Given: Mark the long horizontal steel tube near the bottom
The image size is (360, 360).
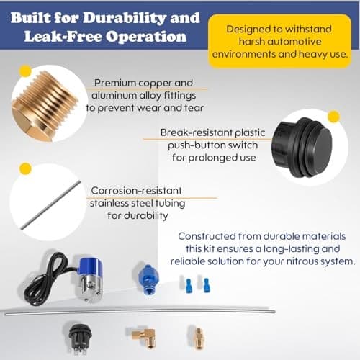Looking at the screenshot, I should point(180,314).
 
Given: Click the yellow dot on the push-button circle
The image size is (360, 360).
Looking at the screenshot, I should point(333,116).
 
